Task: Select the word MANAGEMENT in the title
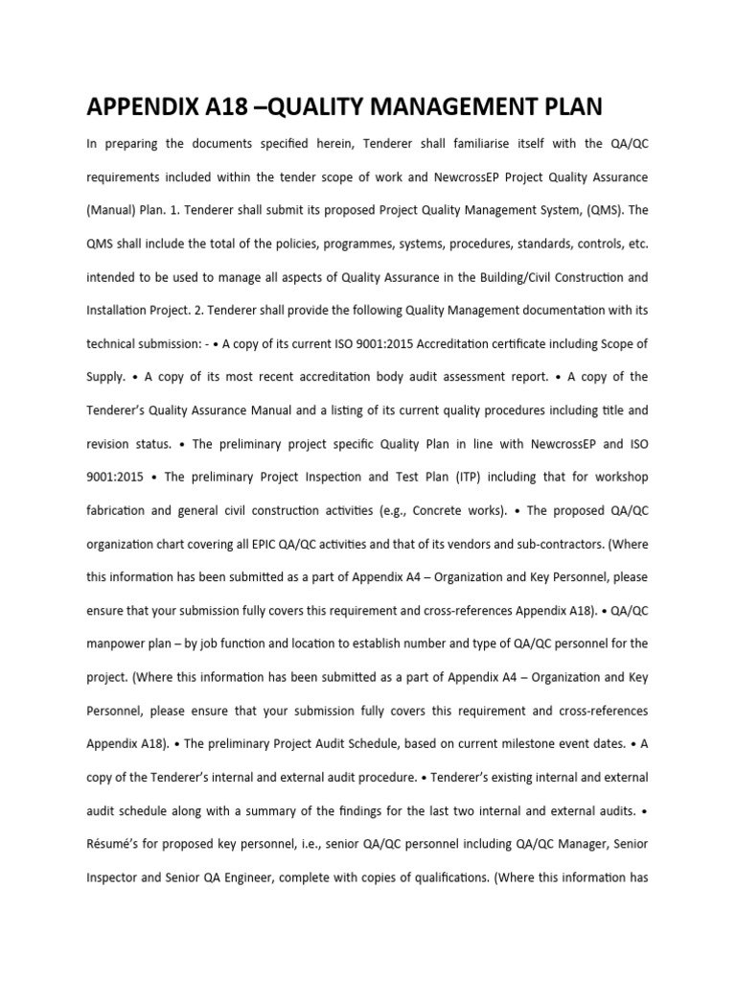[424, 106]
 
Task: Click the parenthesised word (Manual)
[114, 210]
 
